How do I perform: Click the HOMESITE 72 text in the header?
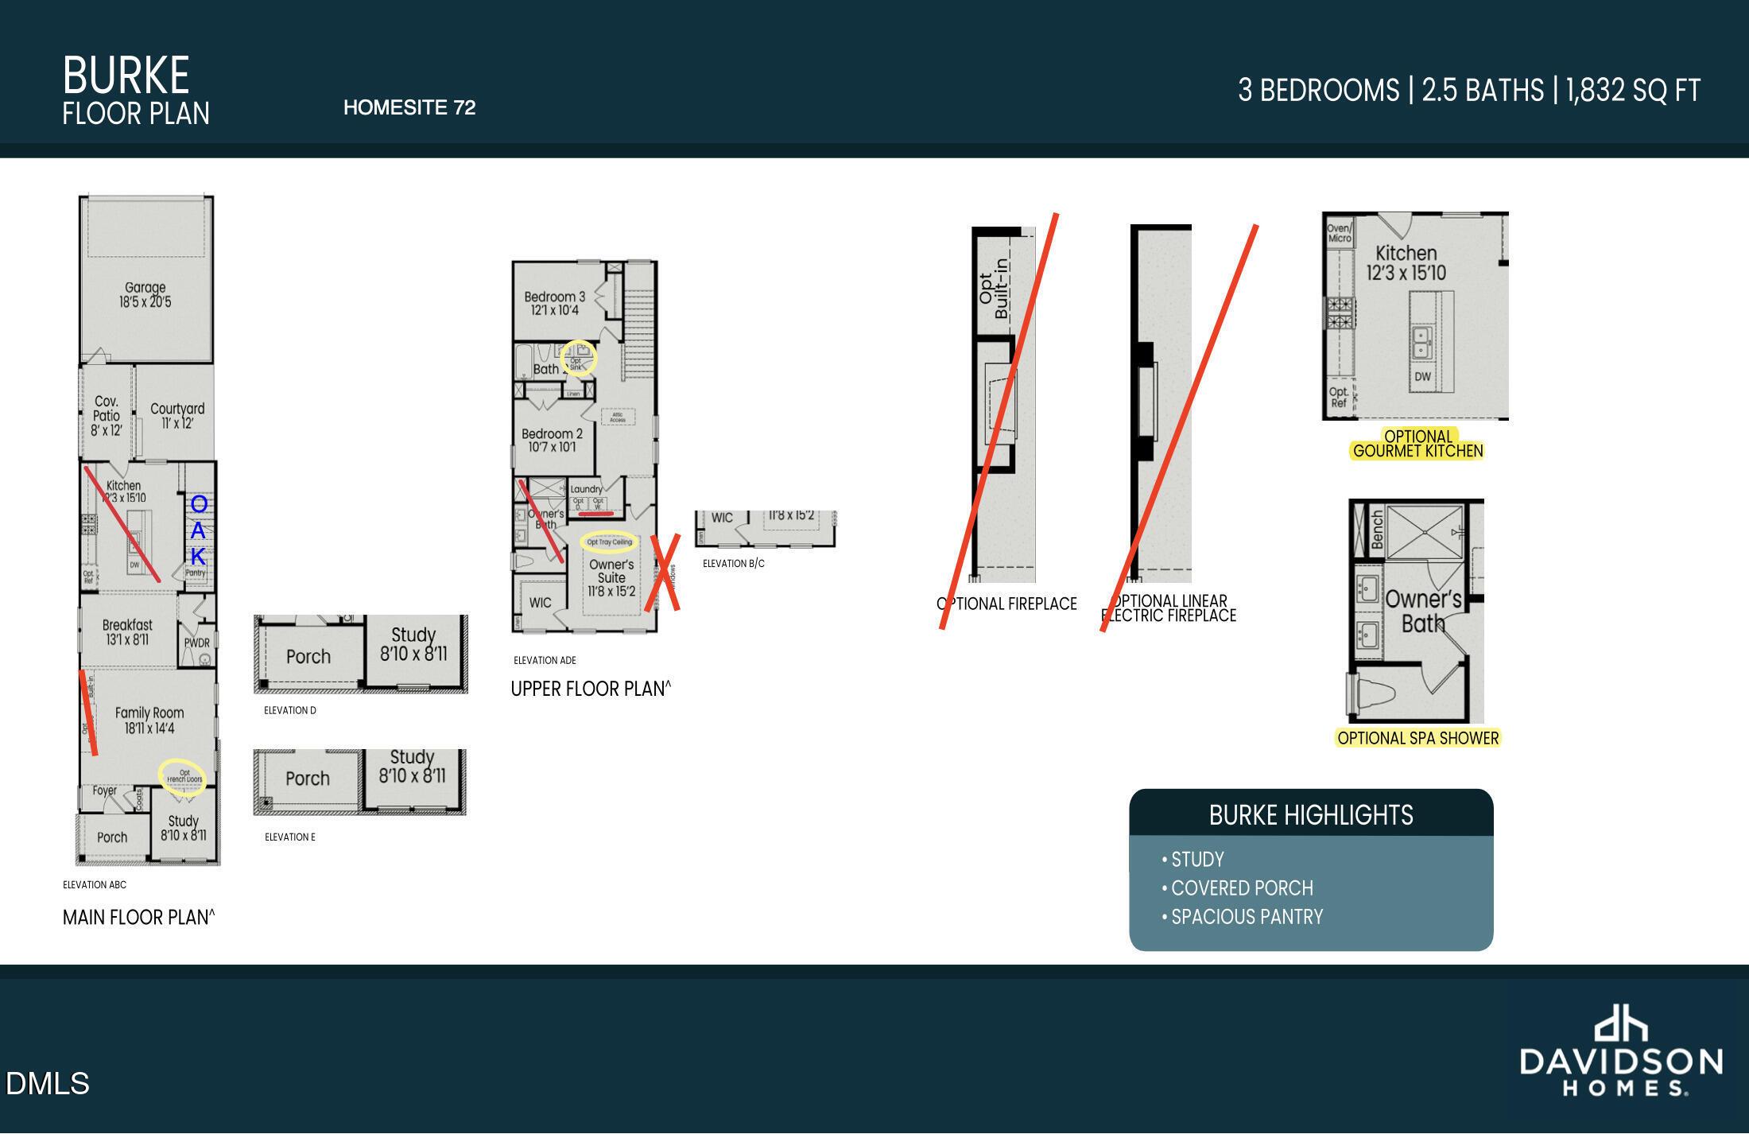click(409, 107)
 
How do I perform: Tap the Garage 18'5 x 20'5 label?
click(145, 294)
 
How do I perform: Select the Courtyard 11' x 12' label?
click(177, 415)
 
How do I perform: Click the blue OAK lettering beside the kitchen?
click(199, 530)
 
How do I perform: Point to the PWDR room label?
click(196, 643)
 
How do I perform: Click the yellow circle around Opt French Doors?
click(183, 777)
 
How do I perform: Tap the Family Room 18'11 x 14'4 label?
click(149, 720)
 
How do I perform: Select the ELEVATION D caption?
click(289, 710)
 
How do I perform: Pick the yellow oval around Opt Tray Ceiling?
click(609, 542)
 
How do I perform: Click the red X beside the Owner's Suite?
click(663, 573)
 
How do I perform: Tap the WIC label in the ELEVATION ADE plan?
click(540, 603)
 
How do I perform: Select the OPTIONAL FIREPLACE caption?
click(1006, 604)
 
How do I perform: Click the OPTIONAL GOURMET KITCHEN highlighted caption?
click(1417, 444)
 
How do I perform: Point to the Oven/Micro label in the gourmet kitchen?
click(1339, 233)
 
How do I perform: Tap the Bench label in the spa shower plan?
click(1377, 530)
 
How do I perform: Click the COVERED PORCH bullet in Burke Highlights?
click(1242, 887)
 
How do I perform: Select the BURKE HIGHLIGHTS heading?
click(1310, 815)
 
